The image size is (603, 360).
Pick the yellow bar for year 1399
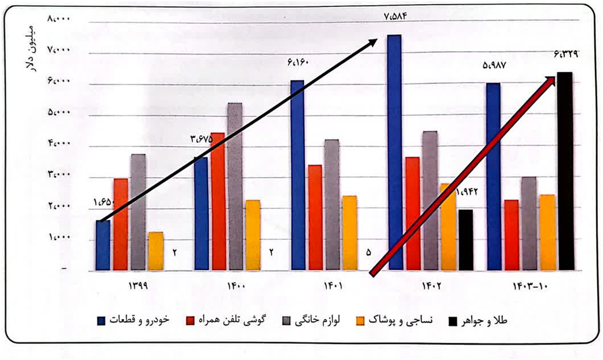[155, 251]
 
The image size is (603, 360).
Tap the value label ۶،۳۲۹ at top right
[566, 55]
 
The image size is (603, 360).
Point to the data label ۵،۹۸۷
[494, 66]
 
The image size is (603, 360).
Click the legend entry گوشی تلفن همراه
[230, 320]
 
